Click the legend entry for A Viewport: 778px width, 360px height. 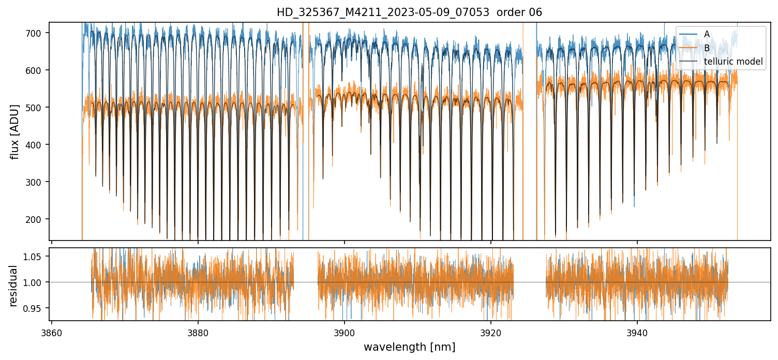pos(707,34)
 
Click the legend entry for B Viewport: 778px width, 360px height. pos(707,48)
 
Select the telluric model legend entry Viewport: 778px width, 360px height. pos(734,62)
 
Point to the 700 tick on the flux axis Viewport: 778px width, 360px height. pos(40,33)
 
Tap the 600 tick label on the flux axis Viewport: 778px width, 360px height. pos(40,70)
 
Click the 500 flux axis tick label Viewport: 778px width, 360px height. pos(40,108)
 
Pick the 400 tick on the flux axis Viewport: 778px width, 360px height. pos(40,145)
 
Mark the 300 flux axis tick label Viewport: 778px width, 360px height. pos(40,182)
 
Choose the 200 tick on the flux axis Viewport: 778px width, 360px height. pos(40,219)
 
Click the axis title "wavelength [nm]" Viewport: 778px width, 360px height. pos(409,347)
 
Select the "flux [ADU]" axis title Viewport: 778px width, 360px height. pos(15,131)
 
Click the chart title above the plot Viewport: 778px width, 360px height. pos(409,12)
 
